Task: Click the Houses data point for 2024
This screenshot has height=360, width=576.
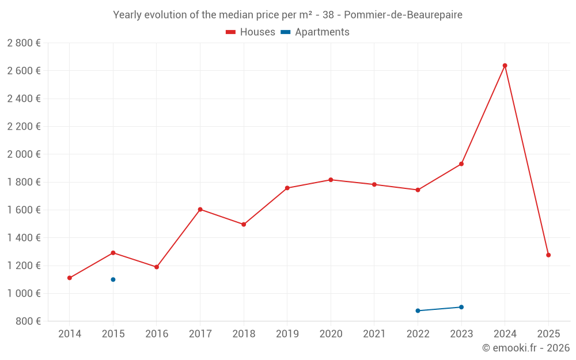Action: [x=505, y=66]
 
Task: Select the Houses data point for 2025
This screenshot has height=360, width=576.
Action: [x=548, y=255]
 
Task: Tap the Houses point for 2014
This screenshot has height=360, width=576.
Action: [x=70, y=278]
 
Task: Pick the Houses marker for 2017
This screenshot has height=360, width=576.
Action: [x=200, y=210]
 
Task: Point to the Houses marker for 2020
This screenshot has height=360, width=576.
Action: [x=331, y=180]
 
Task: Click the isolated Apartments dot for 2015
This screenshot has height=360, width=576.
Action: [x=113, y=279]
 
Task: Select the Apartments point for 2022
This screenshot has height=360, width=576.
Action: [x=418, y=310]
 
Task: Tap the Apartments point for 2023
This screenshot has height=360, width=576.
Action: [x=461, y=307]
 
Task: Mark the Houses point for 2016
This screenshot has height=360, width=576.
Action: [x=157, y=267]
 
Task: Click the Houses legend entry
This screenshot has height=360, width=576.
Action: [x=251, y=32]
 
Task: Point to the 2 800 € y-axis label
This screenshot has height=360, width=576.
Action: [x=24, y=43]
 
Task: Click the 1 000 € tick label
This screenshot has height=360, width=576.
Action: [x=24, y=293]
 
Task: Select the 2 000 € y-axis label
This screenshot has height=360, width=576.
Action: [x=24, y=154]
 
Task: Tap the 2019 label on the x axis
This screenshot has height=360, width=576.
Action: [x=287, y=334]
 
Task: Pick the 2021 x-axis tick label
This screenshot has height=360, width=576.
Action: [x=374, y=334]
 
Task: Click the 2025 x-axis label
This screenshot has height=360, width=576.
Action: [x=548, y=334]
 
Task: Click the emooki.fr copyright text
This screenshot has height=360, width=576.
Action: [x=525, y=348]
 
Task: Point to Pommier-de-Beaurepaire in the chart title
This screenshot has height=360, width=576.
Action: [x=403, y=15]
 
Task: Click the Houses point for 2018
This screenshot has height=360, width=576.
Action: [x=244, y=225]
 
